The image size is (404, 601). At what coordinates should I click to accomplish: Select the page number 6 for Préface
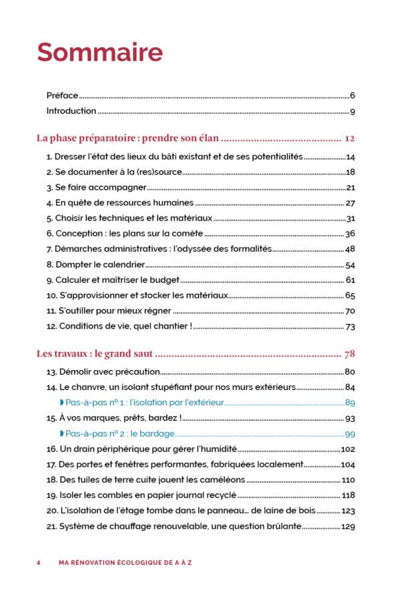tap(352, 95)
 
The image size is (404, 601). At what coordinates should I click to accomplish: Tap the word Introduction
tap(71, 111)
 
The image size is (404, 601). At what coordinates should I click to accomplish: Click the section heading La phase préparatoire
tap(128, 139)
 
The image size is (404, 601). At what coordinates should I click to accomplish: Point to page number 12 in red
tap(351, 139)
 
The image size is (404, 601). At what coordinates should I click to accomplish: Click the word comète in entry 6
tap(187, 234)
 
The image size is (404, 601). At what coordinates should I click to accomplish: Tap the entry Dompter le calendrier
tap(96, 264)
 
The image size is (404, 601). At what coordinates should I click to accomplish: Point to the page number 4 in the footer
tap(39, 562)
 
